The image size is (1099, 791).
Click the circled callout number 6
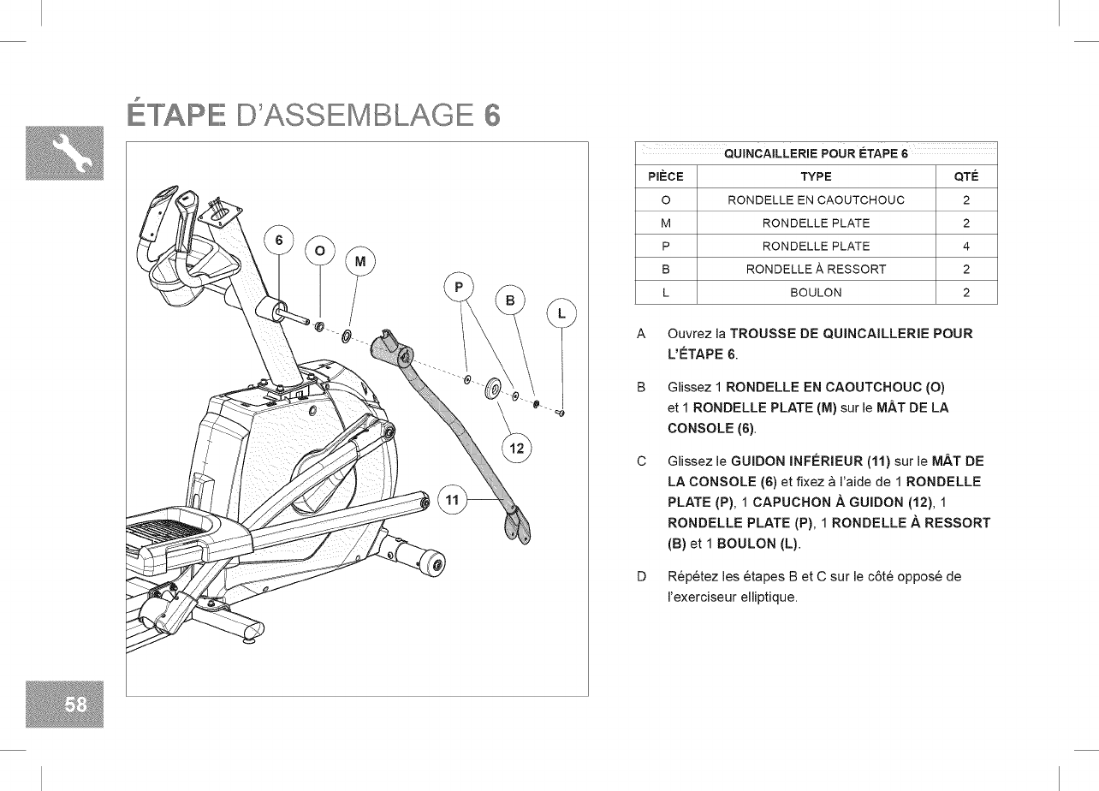pos(277,239)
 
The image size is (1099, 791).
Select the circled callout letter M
pos(359,260)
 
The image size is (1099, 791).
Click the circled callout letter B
pos(510,300)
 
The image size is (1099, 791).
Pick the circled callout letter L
pos(561,313)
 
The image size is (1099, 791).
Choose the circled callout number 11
pos(454,498)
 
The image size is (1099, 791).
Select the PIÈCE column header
pos(665,177)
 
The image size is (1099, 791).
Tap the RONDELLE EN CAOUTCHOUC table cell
pos(815,200)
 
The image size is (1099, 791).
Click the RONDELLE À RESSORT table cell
pos(815,269)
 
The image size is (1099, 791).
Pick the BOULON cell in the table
pos(815,293)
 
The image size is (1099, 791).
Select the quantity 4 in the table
pos(965,247)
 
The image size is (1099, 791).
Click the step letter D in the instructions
pos(641,576)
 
